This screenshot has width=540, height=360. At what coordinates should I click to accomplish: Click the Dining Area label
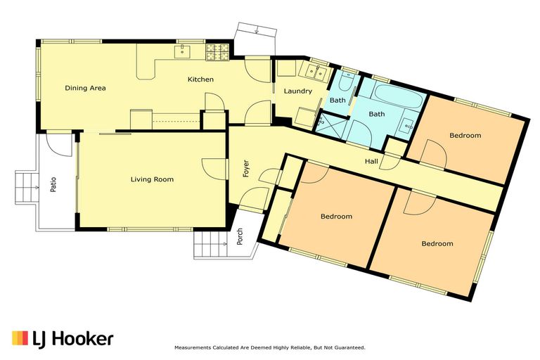pos(85,88)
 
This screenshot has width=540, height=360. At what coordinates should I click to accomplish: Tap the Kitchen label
pos(200,79)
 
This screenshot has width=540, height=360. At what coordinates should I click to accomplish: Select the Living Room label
pos(152,179)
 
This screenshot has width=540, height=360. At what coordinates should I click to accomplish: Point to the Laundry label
pos(298,91)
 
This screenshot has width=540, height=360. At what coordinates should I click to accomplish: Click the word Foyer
pos(246,169)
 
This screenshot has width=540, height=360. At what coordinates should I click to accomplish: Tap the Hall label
pos(371,161)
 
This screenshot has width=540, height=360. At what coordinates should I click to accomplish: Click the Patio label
pos(53,184)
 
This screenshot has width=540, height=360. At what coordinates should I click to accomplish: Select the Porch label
pos(240,236)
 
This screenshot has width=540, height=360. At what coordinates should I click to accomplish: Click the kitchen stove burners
pos(217,52)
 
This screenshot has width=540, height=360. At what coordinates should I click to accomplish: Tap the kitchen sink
pos(181,51)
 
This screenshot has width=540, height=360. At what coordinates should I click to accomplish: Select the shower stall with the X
pos(331,122)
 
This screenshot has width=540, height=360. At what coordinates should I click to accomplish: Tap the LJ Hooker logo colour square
pos(20,338)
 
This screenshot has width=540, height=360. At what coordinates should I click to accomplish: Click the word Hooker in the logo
pos(84,339)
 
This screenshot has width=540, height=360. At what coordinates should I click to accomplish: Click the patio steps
pos(27,188)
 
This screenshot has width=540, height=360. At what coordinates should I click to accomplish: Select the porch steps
pos(210,244)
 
